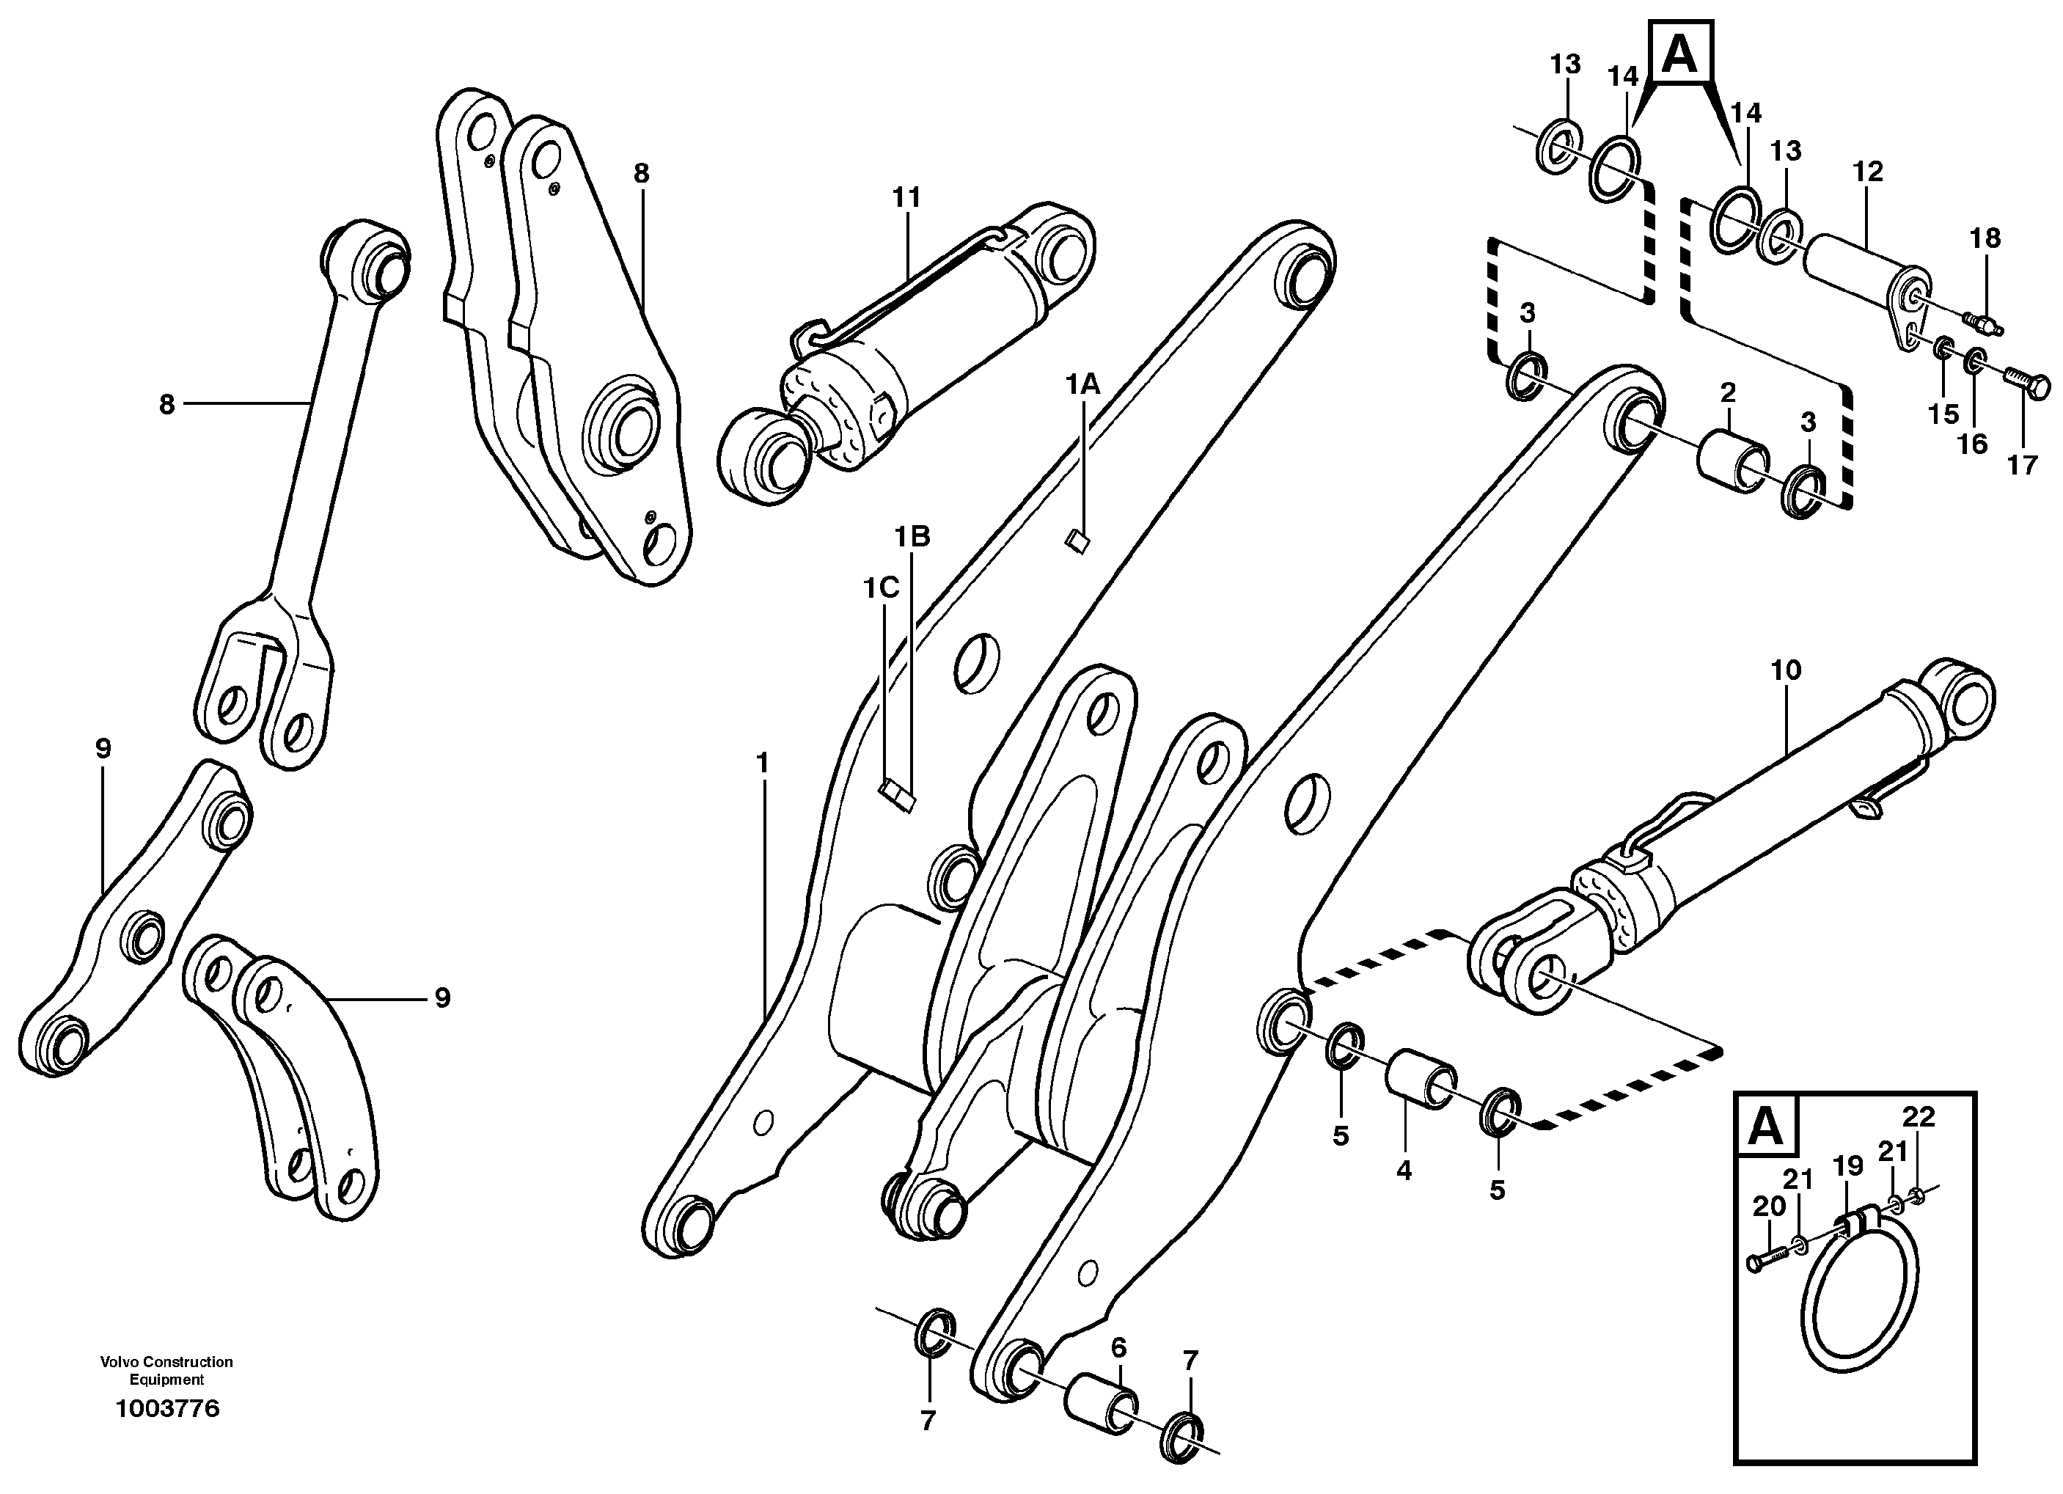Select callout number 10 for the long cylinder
pos(1786,670)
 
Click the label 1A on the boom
pos(1083,385)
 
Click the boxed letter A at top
pos(1679,54)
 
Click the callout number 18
pos(1986,238)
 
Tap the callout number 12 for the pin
pos(1869,171)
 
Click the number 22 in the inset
pos(1919,1117)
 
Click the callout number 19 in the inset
pos(1848,1165)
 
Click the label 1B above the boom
pos(912,537)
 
